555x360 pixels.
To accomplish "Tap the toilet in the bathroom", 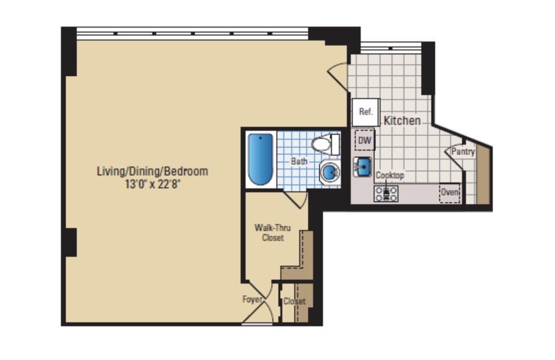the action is coord(325,144).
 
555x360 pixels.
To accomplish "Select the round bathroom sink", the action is coord(330,172).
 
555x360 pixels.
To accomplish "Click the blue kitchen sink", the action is coord(362,166).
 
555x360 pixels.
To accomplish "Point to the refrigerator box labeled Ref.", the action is coord(366,112).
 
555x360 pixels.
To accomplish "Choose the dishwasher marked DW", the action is coord(364,140).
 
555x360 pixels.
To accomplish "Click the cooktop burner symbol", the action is coord(386,194).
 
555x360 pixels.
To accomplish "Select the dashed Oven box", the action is coord(450,193).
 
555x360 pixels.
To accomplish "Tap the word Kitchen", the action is coord(402,121).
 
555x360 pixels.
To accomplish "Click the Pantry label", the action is coord(463,151).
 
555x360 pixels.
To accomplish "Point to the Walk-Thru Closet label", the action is coord(272,233).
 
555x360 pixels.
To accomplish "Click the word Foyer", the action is coord(252,299).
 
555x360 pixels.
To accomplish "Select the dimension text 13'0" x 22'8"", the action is coord(153,184).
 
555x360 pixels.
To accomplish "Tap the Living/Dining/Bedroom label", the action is coord(153,172).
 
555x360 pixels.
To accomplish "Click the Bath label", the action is coord(299,161).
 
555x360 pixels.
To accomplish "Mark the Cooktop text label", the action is coord(390,175).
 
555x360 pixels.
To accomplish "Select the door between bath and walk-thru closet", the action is coord(296,200).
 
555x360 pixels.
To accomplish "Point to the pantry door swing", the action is coord(454,156).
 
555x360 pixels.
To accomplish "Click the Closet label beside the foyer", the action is coord(294,301).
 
